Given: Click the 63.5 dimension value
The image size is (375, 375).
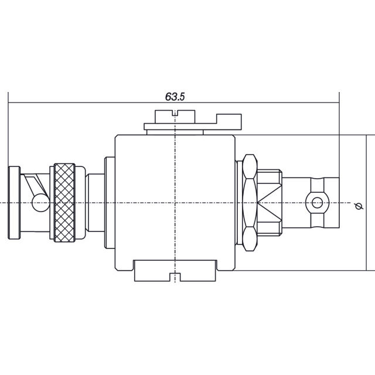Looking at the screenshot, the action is [x=175, y=97].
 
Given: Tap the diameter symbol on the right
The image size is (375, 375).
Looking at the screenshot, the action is [x=359, y=206].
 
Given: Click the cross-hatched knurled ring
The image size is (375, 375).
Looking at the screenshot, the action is [x=64, y=203].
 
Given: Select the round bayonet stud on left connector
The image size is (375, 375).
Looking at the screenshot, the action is [x=40, y=203].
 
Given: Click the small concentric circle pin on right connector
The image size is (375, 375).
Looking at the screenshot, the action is [x=318, y=203].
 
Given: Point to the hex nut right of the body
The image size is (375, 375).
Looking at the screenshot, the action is [x=250, y=203].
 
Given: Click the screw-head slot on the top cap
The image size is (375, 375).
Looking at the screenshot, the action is [x=175, y=113].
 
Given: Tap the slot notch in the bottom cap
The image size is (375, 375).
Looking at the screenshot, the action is [x=175, y=277].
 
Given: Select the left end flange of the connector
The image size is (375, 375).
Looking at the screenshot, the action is [x=14, y=203].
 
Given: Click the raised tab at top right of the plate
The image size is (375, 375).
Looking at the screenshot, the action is [x=229, y=119].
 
